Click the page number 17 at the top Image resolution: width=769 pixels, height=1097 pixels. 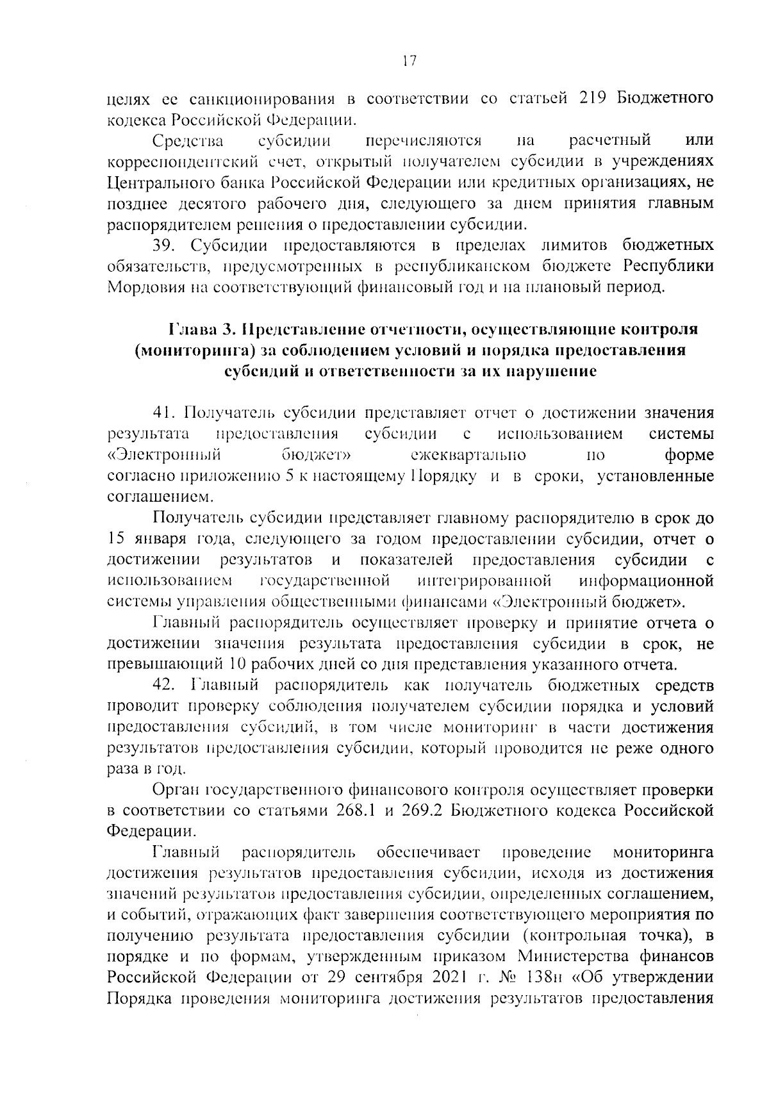(409, 62)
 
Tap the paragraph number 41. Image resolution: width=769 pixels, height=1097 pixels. (163, 413)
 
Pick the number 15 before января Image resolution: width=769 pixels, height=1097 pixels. (117, 538)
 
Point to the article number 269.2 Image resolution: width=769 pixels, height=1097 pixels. (424, 810)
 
